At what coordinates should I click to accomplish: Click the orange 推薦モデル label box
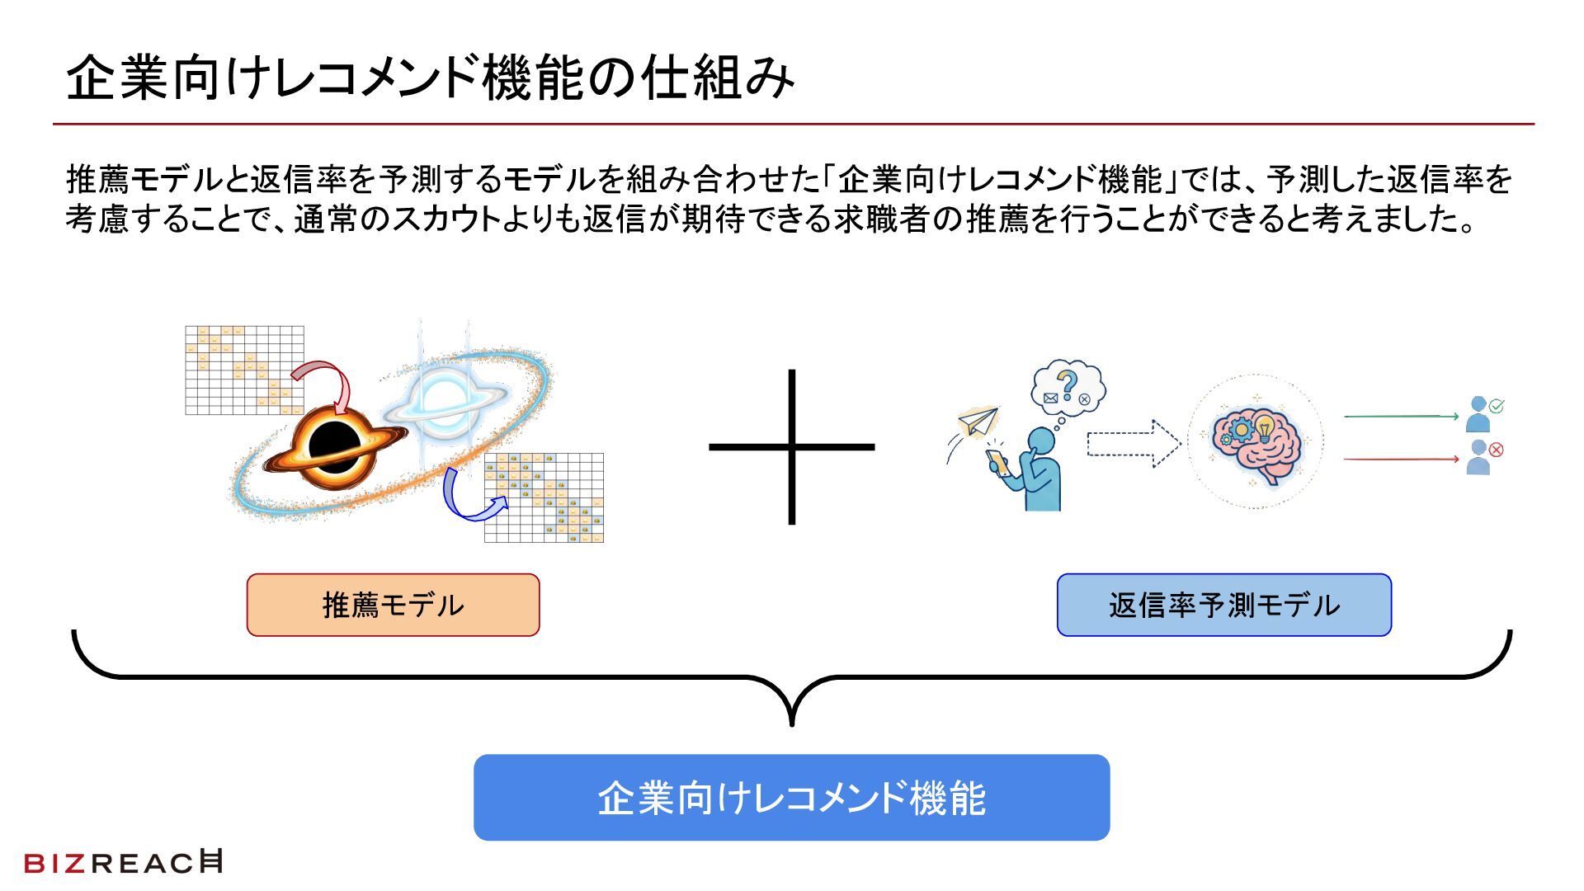point(393,605)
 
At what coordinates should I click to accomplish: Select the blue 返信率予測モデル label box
point(1223,605)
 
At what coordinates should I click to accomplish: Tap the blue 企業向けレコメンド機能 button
point(791,797)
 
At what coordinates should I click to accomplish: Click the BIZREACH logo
point(124,862)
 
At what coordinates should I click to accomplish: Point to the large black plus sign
point(791,446)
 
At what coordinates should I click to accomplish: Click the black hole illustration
point(333,446)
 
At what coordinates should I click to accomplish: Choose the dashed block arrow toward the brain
point(1132,444)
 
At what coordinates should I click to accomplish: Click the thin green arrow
point(1401,417)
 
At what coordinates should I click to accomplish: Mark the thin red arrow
point(1401,459)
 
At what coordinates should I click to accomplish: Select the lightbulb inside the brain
point(1264,429)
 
